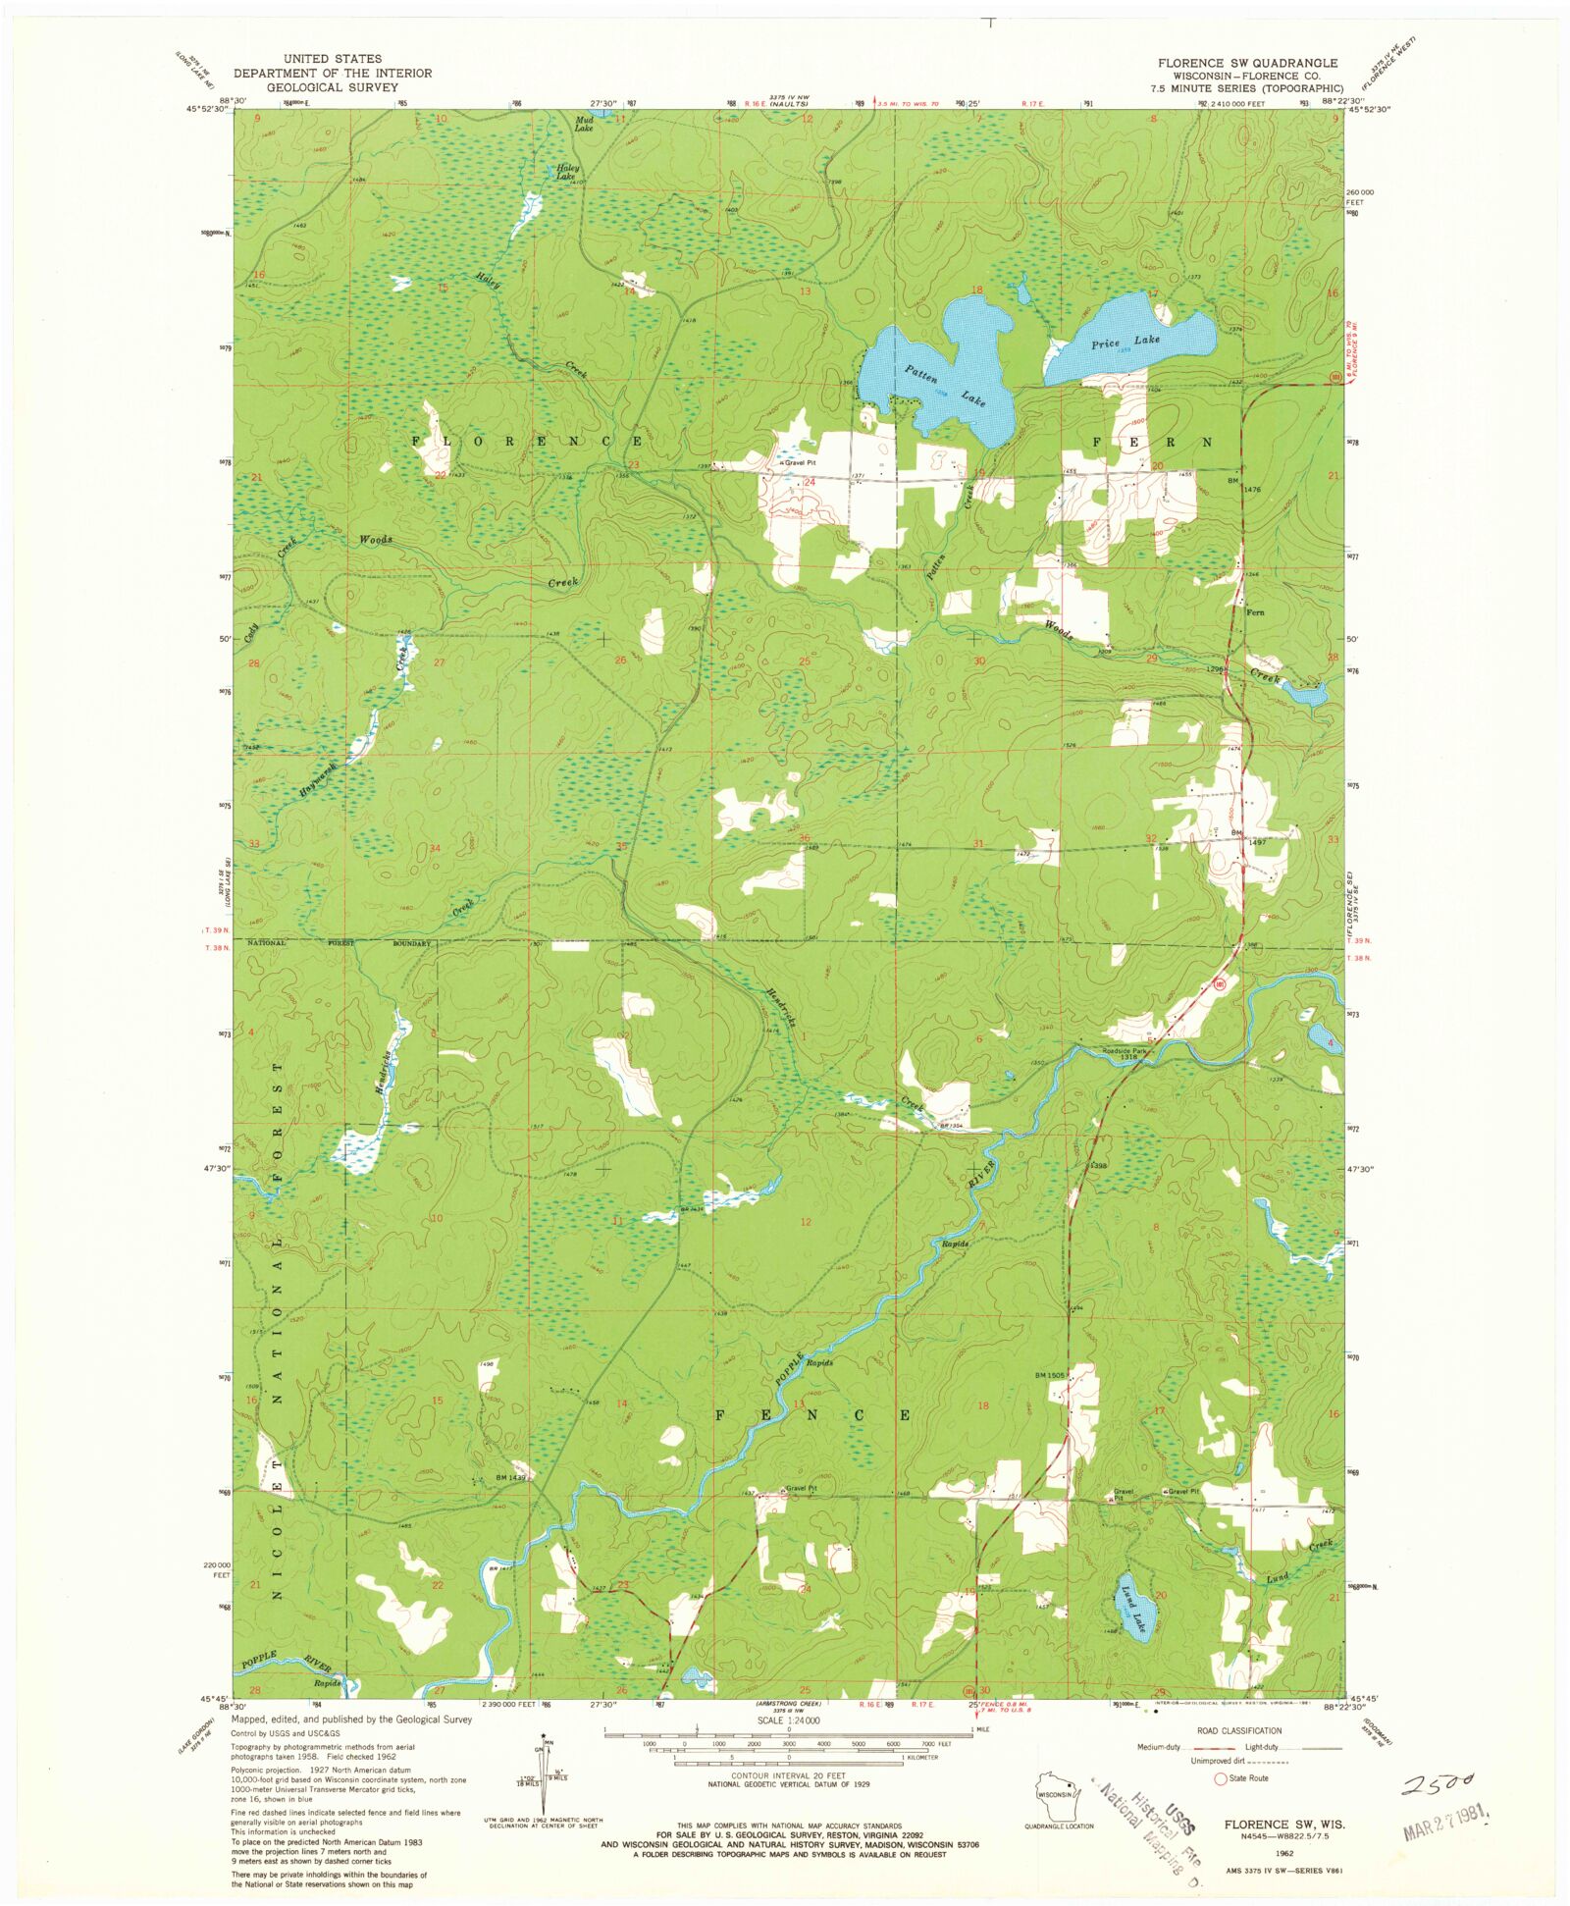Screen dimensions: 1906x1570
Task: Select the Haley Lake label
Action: [x=567, y=172]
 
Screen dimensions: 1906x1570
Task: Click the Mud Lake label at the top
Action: [x=584, y=125]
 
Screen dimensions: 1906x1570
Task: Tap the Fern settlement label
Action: [x=1254, y=612]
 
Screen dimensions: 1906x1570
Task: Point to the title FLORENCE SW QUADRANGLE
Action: [x=1246, y=63]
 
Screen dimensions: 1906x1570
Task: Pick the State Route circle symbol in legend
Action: [x=1221, y=1778]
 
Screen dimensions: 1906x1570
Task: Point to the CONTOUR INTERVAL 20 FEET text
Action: [x=787, y=1775]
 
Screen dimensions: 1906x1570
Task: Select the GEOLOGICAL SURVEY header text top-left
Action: [x=333, y=86]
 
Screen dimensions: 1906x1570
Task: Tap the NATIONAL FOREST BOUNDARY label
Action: [x=339, y=943]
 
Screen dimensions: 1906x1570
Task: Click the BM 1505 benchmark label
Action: [x=1050, y=1376]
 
